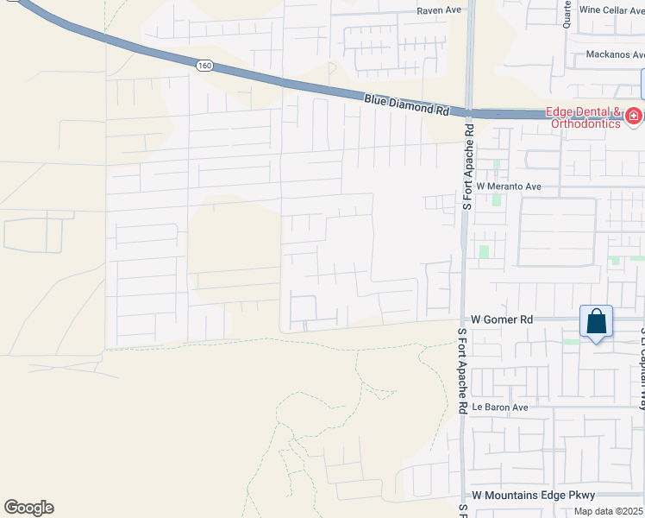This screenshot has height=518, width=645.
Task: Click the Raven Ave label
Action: click(x=439, y=10)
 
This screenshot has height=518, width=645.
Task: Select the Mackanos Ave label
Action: click(x=614, y=54)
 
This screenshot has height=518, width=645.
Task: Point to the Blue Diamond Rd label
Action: click(x=406, y=104)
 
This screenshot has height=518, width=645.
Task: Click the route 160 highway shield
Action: click(x=204, y=65)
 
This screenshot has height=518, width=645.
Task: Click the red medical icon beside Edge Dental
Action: click(x=633, y=115)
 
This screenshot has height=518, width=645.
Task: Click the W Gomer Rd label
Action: click(x=504, y=319)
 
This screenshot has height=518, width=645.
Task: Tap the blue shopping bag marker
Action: click(x=596, y=322)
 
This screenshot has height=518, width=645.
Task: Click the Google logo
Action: click(x=28, y=507)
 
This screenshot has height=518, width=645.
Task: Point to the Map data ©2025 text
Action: click(x=608, y=511)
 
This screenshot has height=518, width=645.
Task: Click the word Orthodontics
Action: click(x=582, y=123)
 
